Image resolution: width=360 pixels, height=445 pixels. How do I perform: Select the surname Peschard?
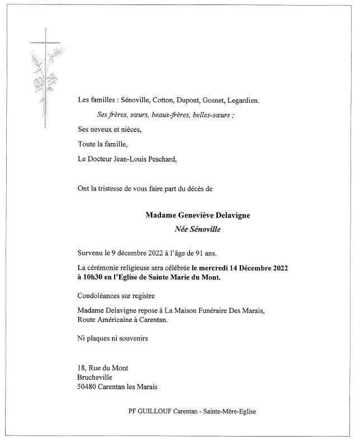tap(160, 159)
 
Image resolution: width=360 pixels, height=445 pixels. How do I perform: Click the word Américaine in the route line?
tap(115, 320)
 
